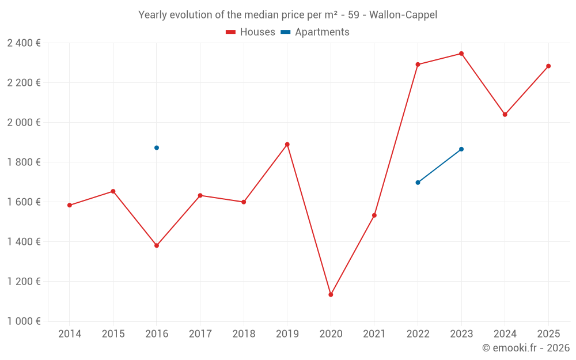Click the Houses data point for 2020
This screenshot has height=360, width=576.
pyautogui.click(x=331, y=294)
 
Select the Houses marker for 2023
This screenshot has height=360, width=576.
pyautogui.click(x=461, y=54)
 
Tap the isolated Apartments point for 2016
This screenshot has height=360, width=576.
pyautogui.click(x=157, y=147)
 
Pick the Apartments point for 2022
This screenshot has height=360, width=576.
pyautogui.click(x=418, y=183)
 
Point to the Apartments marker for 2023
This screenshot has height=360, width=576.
pyautogui.click(x=461, y=149)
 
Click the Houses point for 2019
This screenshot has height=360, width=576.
pyautogui.click(x=287, y=145)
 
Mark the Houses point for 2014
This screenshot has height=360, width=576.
pyautogui.click(x=70, y=205)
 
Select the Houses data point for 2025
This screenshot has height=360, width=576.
pyautogui.click(x=548, y=66)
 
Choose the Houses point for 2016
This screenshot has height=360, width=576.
pyautogui.click(x=157, y=245)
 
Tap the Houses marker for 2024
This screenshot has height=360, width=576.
pyautogui.click(x=505, y=115)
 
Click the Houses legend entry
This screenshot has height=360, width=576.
pyautogui.click(x=251, y=32)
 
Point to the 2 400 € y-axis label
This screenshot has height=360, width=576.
pyautogui.click(x=24, y=43)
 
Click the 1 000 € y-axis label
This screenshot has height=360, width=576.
pyautogui.click(x=24, y=321)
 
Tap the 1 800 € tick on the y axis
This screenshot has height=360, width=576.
pyautogui.click(x=24, y=162)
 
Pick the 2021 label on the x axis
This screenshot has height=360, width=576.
pyautogui.click(x=374, y=334)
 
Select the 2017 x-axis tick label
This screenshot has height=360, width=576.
pyautogui.click(x=200, y=334)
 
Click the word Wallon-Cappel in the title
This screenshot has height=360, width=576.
pyautogui.click(x=403, y=15)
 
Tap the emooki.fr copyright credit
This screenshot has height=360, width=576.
pyautogui.click(x=526, y=348)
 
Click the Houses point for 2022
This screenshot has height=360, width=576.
pyautogui.click(x=418, y=65)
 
